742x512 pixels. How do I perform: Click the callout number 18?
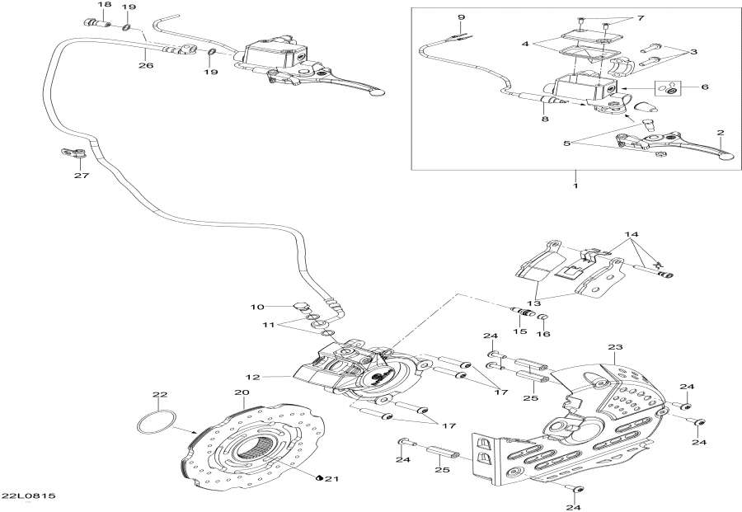[x=103, y=6]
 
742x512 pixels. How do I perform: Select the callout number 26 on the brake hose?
[x=145, y=65]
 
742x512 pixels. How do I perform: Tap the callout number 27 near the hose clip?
[x=80, y=175]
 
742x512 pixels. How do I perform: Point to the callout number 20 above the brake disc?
[x=218, y=392]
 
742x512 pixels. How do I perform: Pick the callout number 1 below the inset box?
[x=575, y=185]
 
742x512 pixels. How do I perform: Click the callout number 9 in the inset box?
[x=461, y=17]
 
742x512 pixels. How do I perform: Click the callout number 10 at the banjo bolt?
[x=257, y=307]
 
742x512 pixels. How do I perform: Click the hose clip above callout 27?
[x=72, y=153]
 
